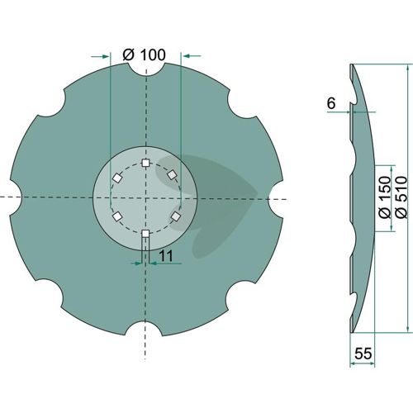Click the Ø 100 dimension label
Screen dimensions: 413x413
click(x=144, y=55)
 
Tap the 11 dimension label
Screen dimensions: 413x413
click(x=166, y=256)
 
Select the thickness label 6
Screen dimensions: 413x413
click(x=331, y=103)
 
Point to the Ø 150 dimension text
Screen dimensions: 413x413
click(x=385, y=197)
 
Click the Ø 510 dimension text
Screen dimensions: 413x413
click(x=401, y=197)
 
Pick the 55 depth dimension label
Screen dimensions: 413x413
click(x=363, y=354)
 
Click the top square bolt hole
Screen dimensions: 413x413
click(x=145, y=163)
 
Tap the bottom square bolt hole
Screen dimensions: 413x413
click(x=145, y=234)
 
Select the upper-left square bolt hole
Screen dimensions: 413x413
click(x=117, y=178)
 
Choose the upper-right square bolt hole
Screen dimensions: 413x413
click(x=173, y=174)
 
